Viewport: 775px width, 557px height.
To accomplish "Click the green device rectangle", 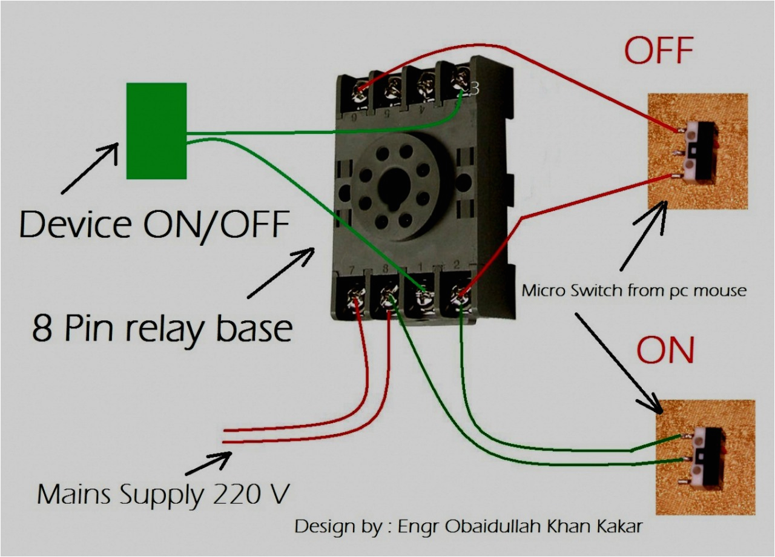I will pos(156,131).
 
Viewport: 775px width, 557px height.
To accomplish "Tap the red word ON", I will pos(665,351).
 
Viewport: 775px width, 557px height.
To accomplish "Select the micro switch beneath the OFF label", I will pos(699,151).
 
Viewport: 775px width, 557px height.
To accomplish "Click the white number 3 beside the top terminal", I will pos(474,89).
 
